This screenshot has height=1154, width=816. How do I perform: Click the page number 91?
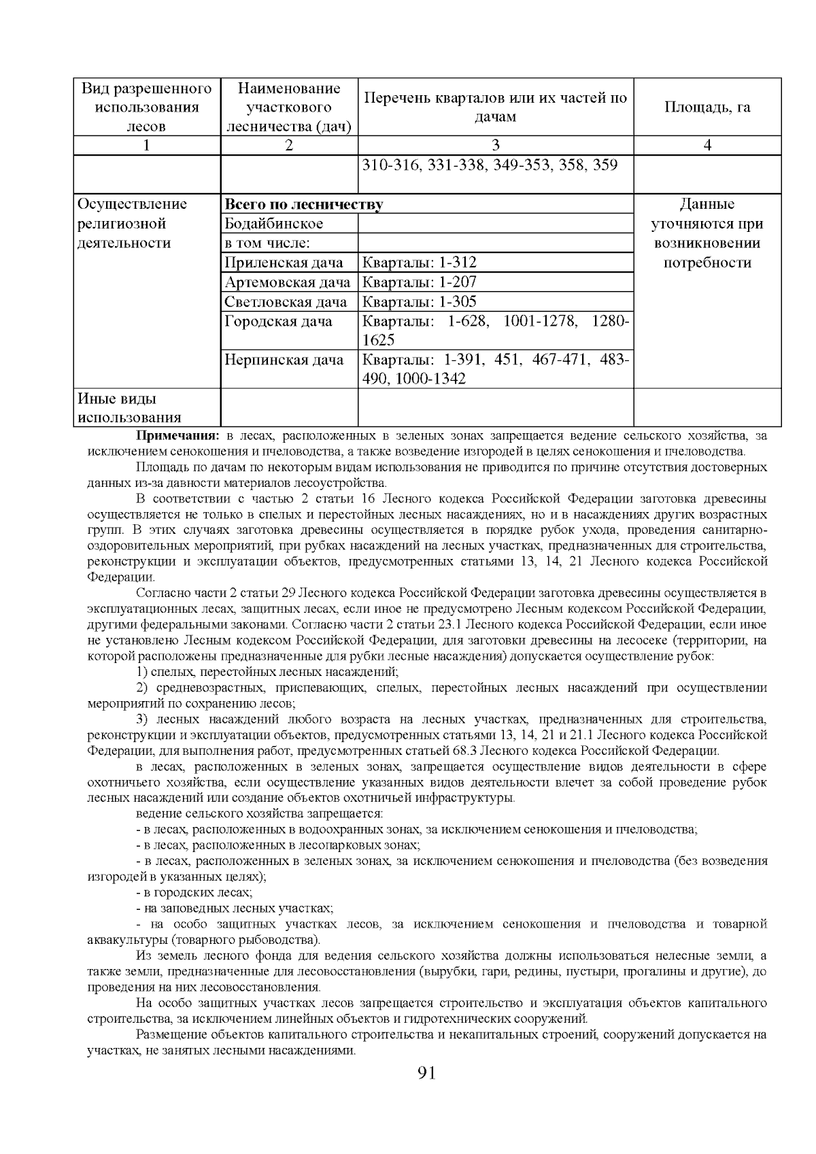pyautogui.click(x=426, y=1074)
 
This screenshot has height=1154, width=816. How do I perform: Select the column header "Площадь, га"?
pyautogui.click(x=707, y=107)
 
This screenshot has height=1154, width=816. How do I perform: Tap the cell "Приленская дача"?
pyautogui.click(x=284, y=263)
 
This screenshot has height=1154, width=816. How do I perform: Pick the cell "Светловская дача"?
pyautogui.click(x=286, y=302)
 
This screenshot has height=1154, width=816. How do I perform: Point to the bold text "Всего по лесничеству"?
pyautogui.click(x=303, y=205)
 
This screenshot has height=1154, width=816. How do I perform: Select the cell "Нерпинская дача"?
pyautogui.click(x=284, y=360)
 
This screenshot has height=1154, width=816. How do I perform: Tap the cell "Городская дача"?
pyautogui.click(x=278, y=322)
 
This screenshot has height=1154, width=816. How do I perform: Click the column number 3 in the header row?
pyautogui.click(x=495, y=145)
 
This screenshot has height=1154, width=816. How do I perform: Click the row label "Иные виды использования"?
pyautogui.click(x=129, y=408)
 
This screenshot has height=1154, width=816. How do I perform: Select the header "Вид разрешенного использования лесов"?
pyautogui.click(x=147, y=107)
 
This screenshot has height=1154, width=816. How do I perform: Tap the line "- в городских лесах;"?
pyautogui.click(x=194, y=892)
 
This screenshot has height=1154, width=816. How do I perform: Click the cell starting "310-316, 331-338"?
pyautogui.click(x=489, y=165)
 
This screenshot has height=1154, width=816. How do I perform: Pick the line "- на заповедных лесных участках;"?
pyautogui.click(x=235, y=908)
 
